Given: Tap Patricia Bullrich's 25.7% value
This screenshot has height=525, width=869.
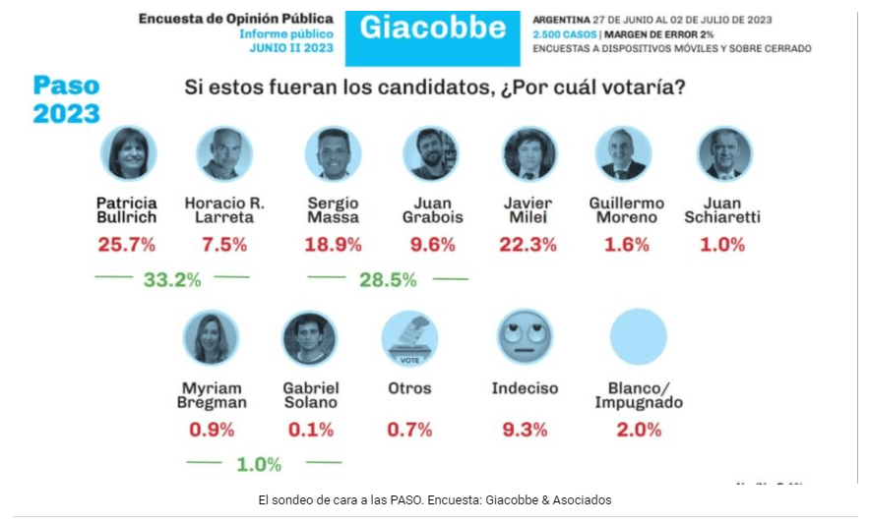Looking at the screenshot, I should click(126, 245).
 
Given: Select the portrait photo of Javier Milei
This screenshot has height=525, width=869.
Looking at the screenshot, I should click(529, 154).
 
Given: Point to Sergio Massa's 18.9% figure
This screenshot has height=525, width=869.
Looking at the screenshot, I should click(333, 245).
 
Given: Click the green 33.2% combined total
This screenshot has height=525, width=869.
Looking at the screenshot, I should click(172, 280).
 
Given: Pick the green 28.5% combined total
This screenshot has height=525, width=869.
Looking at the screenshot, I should click(388, 280).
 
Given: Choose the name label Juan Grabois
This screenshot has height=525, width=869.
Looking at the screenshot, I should click(431, 209).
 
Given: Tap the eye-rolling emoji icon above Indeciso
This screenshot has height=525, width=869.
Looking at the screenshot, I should click(525, 338).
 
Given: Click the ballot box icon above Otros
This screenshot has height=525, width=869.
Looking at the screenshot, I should click(409, 338).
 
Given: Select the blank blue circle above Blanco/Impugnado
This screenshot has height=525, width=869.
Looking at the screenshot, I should click(638, 338).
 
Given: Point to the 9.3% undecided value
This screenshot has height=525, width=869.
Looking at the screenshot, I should click(525, 429).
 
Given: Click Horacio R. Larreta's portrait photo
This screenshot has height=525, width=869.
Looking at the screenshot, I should click(224, 154).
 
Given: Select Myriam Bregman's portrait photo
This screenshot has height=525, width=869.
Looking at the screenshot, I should click(211, 338).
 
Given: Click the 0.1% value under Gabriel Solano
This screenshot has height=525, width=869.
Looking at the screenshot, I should click(310, 430).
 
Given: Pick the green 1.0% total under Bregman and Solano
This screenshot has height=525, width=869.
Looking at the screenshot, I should click(259, 464).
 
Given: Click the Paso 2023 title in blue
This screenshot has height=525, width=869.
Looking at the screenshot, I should click(67, 99).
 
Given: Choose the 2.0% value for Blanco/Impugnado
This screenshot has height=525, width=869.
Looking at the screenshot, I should click(639, 430).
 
